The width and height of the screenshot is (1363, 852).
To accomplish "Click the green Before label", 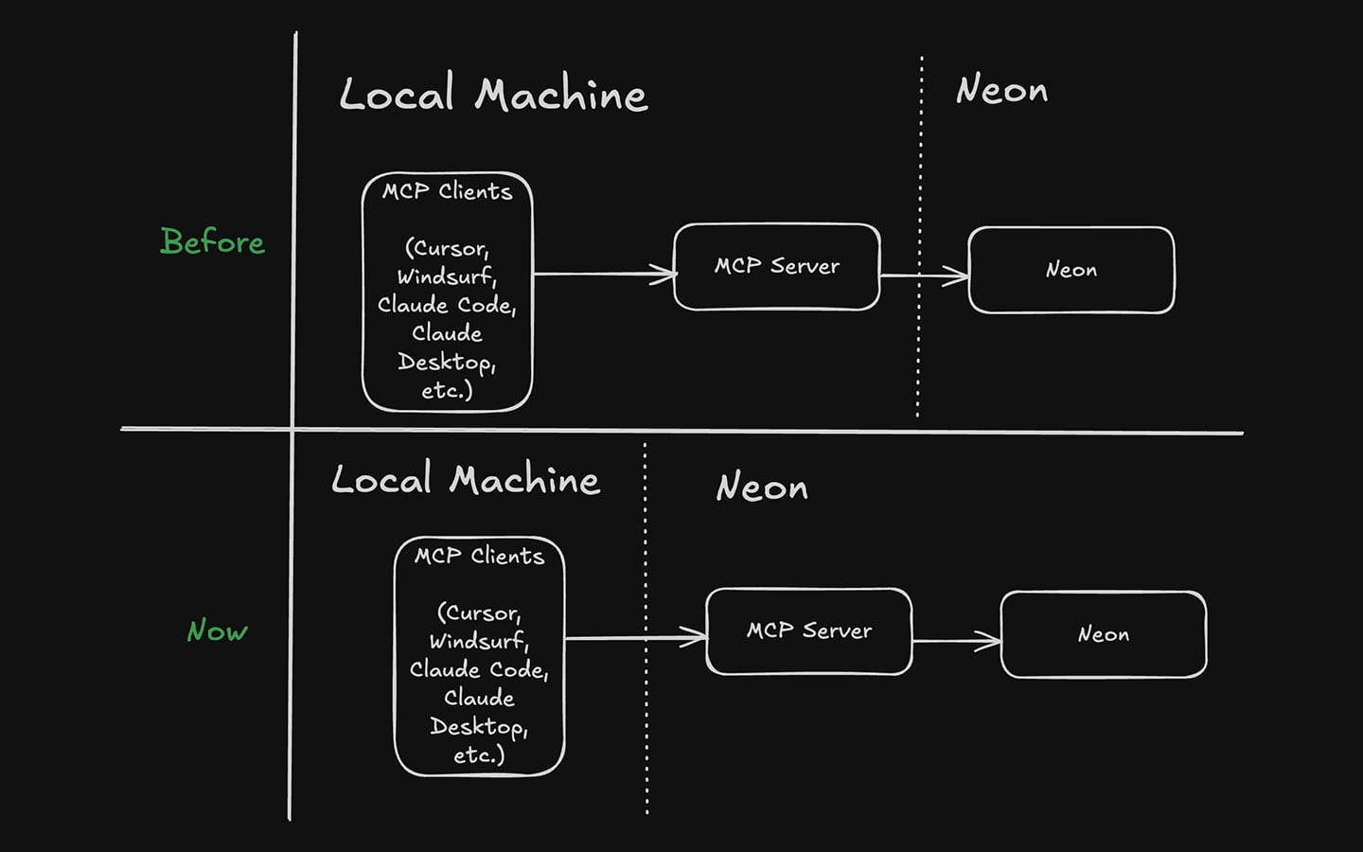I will (212, 241).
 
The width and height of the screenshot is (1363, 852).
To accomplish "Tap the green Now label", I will (217, 630).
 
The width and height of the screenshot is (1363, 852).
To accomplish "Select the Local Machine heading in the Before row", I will (493, 95).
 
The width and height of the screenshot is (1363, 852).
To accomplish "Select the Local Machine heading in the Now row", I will (466, 479).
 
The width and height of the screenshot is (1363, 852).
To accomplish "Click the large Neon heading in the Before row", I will (1001, 90).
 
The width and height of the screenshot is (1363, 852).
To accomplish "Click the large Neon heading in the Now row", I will (762, 487).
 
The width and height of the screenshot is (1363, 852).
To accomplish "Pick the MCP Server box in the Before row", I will (776, 267).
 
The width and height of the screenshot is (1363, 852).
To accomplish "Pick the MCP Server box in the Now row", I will (808, 631).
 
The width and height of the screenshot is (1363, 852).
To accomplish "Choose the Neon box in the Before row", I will (1071, 270).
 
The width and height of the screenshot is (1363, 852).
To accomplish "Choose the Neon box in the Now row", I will (1103, 634).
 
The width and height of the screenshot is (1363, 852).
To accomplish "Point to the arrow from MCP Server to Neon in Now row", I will (956, 641).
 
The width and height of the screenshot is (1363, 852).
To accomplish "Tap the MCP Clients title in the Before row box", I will (447, 191).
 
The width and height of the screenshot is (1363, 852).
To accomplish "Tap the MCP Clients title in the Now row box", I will (479, 556).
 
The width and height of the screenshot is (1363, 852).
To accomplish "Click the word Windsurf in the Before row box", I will (445, 276).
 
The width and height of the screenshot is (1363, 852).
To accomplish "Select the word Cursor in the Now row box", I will (478, 612).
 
